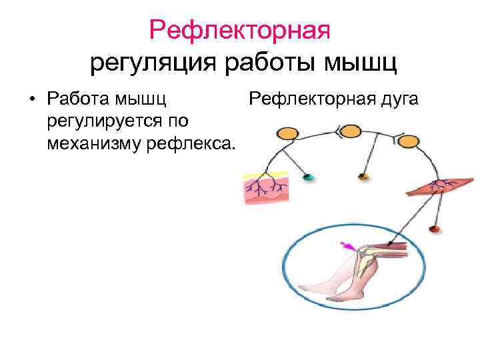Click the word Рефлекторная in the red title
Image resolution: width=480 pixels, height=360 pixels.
[x=240, y=29]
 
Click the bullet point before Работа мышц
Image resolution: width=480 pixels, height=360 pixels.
[x=31, y=101]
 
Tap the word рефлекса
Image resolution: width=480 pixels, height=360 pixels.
[x=199, y=143]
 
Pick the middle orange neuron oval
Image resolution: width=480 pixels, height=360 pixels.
[x=349, y=131]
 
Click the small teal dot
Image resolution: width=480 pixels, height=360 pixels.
[x=307, y=177]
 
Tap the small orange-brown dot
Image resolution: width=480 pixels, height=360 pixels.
[x=363, y=177]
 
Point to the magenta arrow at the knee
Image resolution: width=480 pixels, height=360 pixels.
[x=347, y=247]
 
